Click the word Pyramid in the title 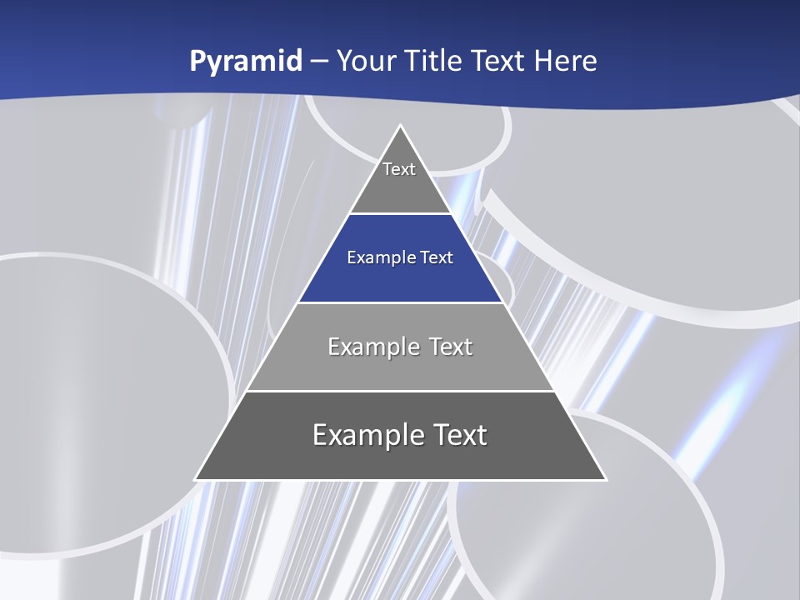click(245, 62)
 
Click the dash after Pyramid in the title click(318, 62)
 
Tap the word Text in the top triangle click(399, 169)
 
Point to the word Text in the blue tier click(437, 257)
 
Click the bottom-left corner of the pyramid click(195, 480)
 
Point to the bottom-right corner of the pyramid click(606, 480)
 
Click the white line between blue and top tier click(400, 214)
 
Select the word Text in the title click(499, 61)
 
